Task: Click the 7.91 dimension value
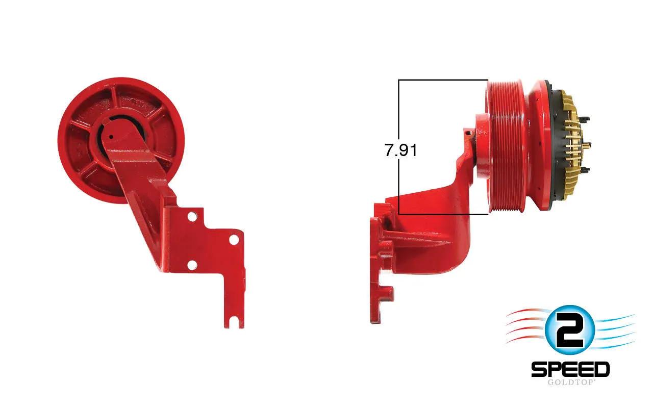[x=400, y=150]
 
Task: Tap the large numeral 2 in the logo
[x=569, y=330]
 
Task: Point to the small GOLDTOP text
[x=570, y=382]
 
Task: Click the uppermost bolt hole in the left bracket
[x=192, y=217]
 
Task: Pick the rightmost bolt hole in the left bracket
[x=234, y=240]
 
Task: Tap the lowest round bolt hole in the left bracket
[x=192, y=265]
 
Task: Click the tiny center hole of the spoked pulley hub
[x=111, y=136]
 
